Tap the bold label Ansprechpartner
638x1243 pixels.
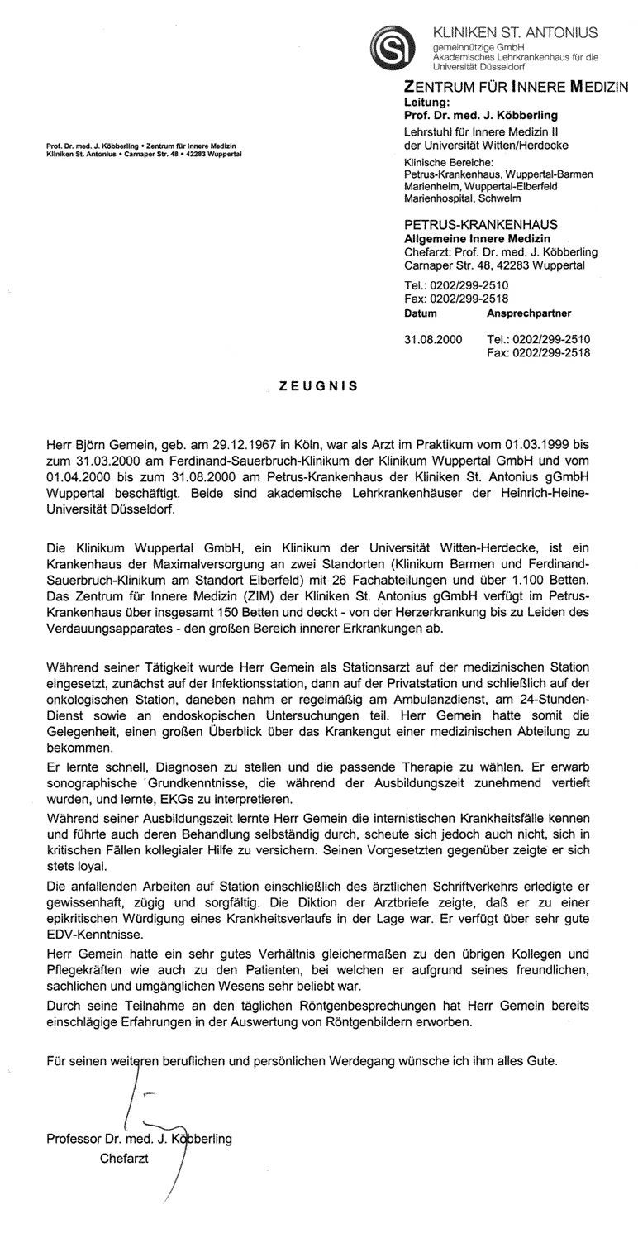point(528,314)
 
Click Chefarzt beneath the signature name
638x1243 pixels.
point(124,1159)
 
